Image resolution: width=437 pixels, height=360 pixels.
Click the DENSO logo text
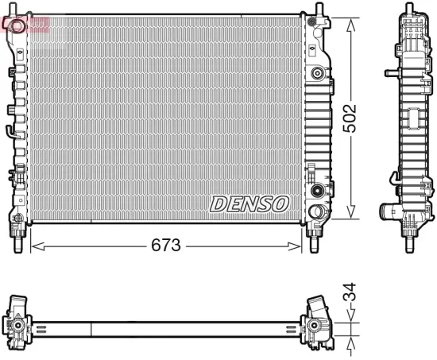pos(249,203)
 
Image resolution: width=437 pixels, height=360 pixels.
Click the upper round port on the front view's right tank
pos(318,74)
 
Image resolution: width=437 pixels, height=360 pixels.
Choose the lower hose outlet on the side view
pos(389,211)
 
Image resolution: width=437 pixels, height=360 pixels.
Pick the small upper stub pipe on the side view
pos(391,72)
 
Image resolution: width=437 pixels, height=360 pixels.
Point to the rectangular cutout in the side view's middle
pos(414,121)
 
